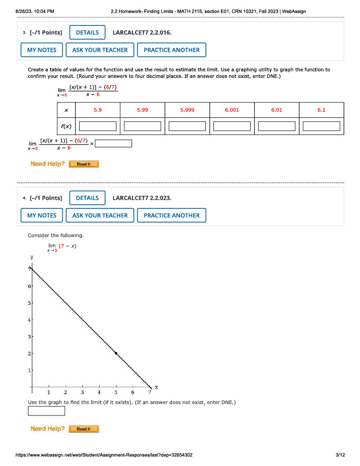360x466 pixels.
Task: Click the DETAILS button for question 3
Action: pyautogui.click(x=87, y=32)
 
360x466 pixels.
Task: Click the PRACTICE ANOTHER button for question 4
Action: pyautogui.click(x=172, y=215)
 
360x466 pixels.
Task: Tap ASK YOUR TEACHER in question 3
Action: pyautogui.click(x=100, y=50)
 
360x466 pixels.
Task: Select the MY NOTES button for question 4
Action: pyautogui.click(x=42, y=215)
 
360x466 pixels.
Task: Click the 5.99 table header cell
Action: pyautogui.click(x=142, y=110)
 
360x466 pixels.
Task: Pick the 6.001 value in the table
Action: pyautogui.click(x=232, y=110)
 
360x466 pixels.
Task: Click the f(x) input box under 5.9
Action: pyautogui.click(x=98, y=126)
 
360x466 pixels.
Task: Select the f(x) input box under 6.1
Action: pyautogui.click(x=321, y=126)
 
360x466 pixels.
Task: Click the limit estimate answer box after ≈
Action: pyautogui.click(x=114, y=144)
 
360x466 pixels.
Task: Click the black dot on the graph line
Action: pyautogui.click(x=116, y=353)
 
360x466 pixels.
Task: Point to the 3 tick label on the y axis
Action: pyautogui.click(x=30, y=337)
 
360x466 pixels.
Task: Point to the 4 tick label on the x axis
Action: pyautogui.click(x=99, y=392)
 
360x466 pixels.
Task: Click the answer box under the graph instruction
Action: pyautogui.click(x=46, y=411)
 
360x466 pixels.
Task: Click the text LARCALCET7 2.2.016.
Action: pyautogui.click(x=142, y=32)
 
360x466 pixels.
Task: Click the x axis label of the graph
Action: pyautogui.click(x=157, y=387)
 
